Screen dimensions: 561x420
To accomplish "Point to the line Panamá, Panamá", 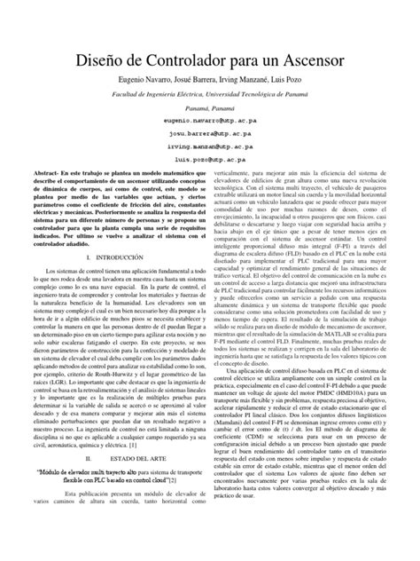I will pyautogui.click(x=210, y=103).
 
